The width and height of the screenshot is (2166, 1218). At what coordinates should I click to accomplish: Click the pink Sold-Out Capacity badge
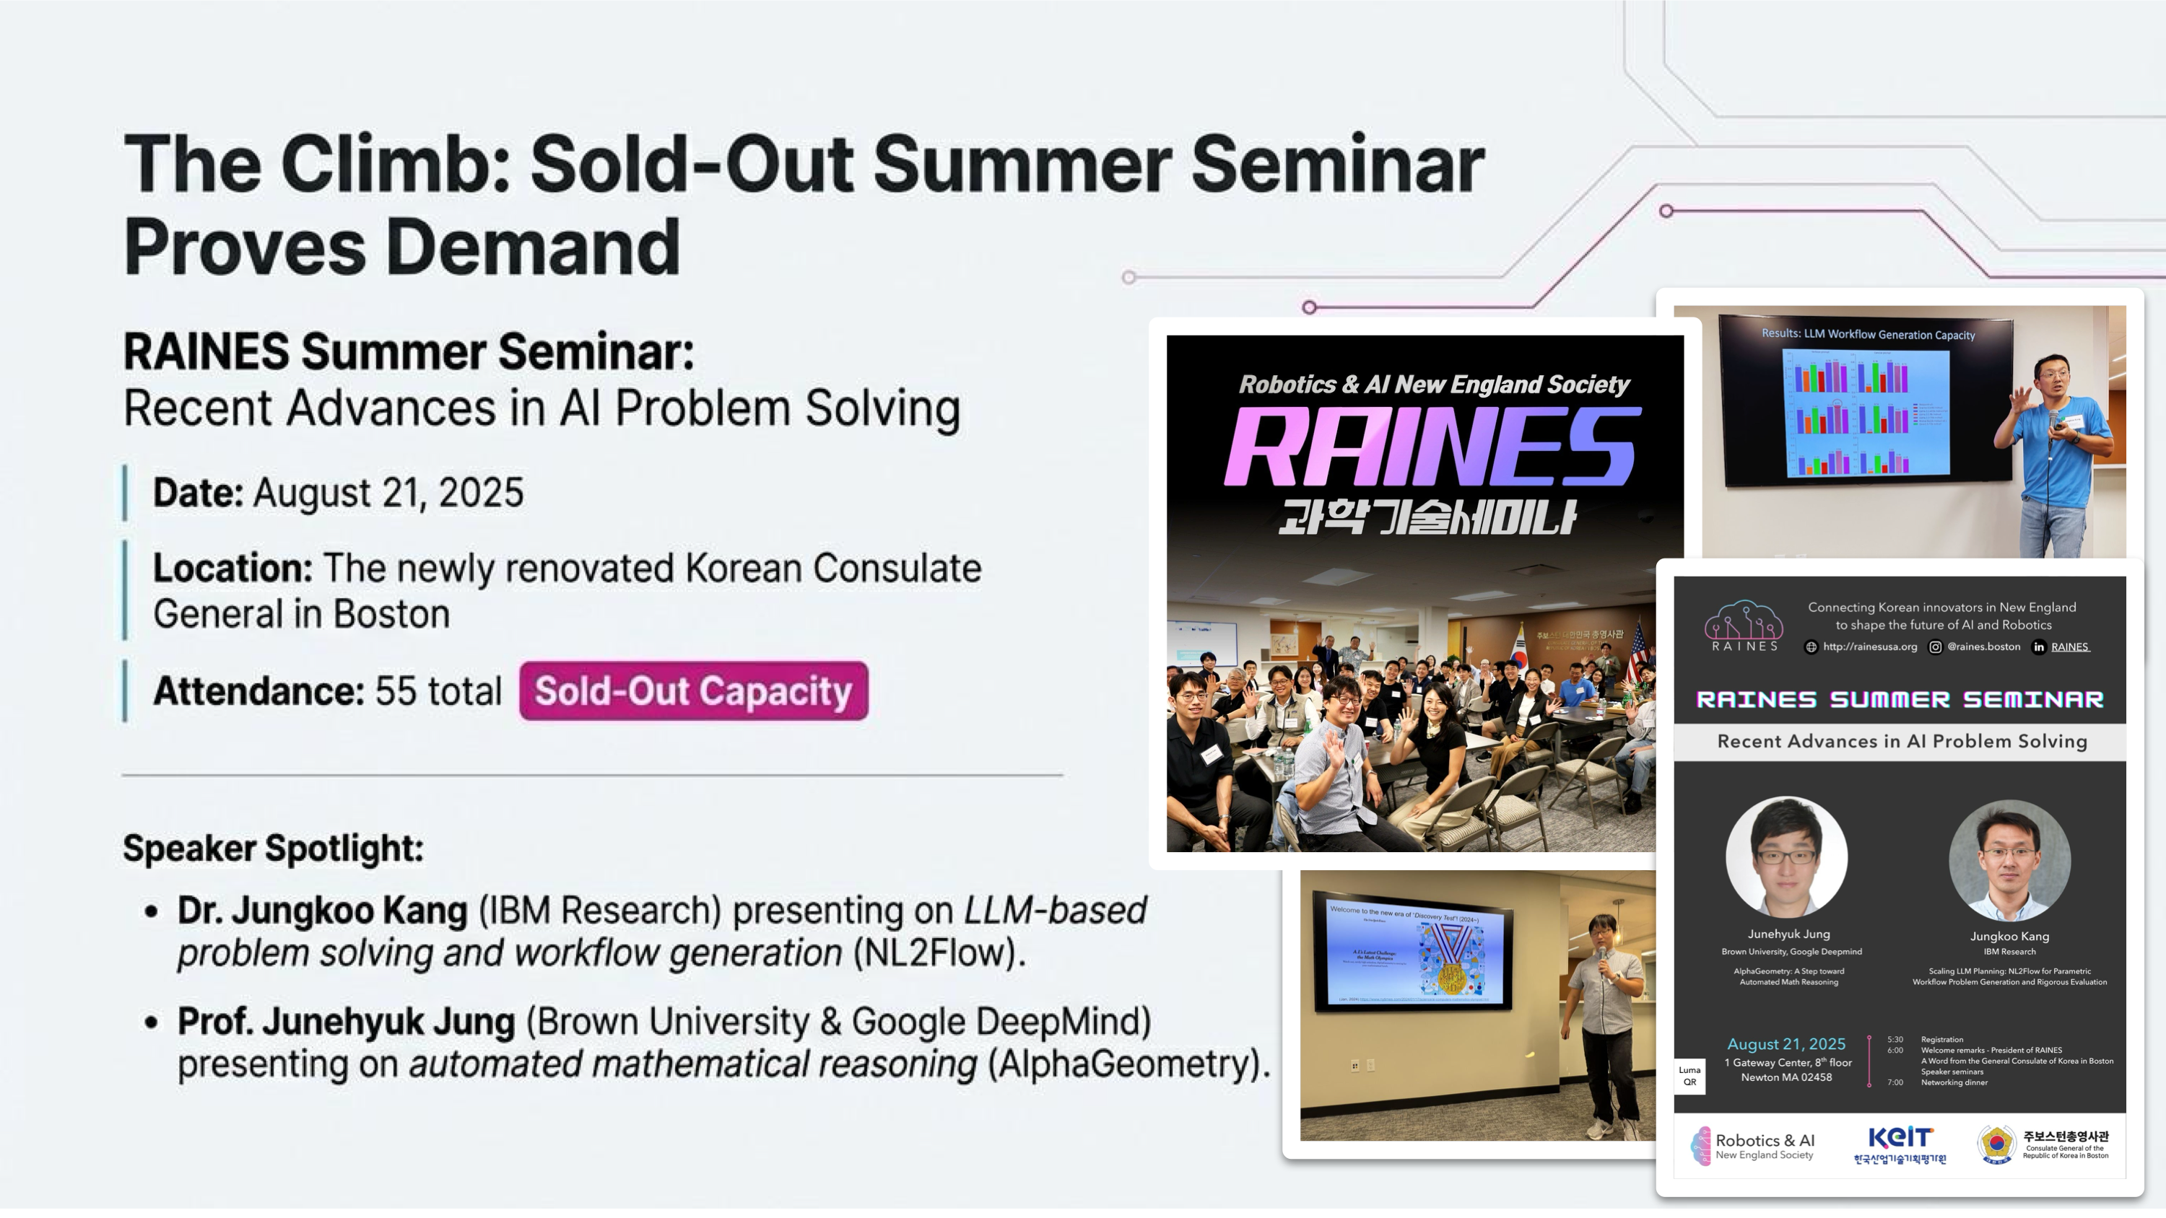pos(693,691)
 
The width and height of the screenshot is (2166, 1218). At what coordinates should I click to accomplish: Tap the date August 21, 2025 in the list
pos(388,493)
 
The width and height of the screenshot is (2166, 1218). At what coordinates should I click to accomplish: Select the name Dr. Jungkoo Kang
pos(322,911)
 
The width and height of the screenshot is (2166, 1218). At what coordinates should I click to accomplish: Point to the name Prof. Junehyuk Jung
pos(346,1022)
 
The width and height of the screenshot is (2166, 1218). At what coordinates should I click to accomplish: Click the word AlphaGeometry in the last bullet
pos(1123,1064)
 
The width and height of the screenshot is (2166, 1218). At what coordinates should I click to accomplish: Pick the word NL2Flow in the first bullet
pos(933,953)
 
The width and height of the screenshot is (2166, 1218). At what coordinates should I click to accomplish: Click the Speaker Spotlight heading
pos(273,848)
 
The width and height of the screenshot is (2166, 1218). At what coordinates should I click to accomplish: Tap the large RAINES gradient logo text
pos(1431,447)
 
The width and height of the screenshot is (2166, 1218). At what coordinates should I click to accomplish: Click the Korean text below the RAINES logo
pos(1427,516)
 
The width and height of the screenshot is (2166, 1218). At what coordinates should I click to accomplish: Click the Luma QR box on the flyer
pos(1689,1076)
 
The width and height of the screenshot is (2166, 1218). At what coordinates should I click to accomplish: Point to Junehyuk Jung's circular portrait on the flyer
pos(1786,856)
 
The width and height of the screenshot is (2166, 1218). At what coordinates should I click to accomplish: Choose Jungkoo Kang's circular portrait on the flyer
pos(2009,860)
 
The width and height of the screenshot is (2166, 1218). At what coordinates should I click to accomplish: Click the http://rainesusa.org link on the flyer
pos(1869,647)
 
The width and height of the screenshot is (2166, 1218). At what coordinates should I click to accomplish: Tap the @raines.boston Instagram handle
pos(1983,647)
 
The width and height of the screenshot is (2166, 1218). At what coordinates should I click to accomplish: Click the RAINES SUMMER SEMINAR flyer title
pos(1900,699)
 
